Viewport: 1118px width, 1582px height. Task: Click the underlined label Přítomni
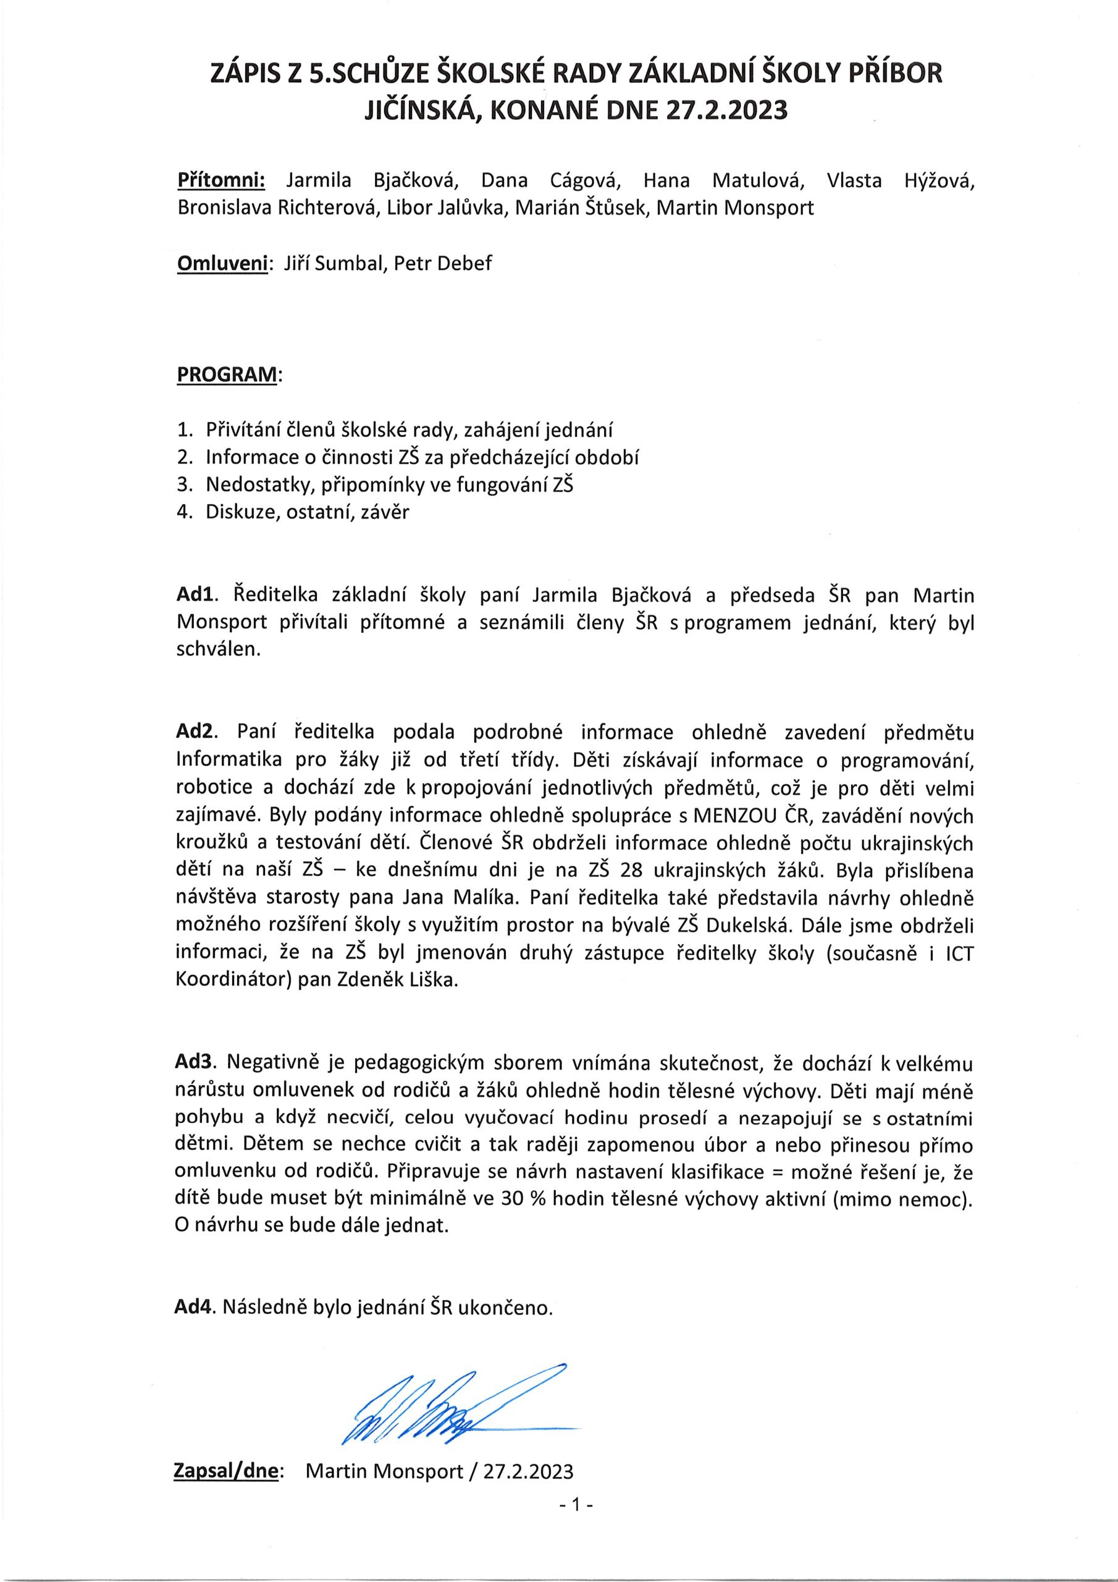[x=221, y=180]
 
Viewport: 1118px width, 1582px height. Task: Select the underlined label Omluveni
[x=222, y=264]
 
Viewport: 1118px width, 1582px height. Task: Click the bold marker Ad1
[x=196, y=594]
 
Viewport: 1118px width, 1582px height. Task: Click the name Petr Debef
[x=443, y=264]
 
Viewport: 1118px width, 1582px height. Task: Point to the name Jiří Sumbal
[x=333, y=264]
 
